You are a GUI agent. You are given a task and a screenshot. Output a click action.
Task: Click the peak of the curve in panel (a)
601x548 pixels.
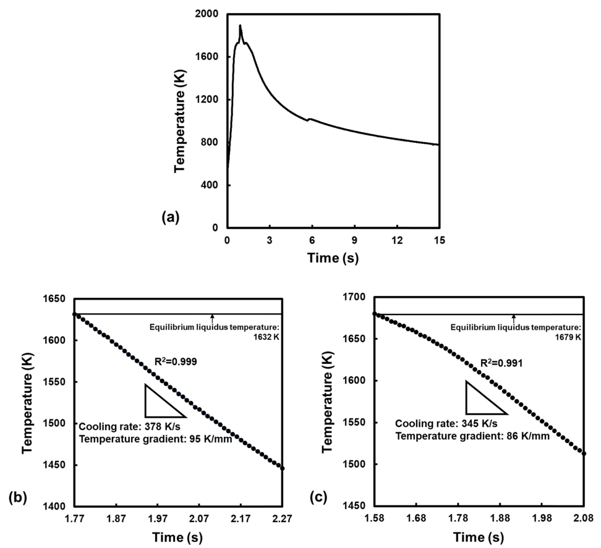[240, 26]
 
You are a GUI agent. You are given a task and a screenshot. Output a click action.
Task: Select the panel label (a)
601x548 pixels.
[170, 217]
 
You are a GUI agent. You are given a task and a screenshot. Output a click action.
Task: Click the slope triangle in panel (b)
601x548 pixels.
[159, 403]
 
